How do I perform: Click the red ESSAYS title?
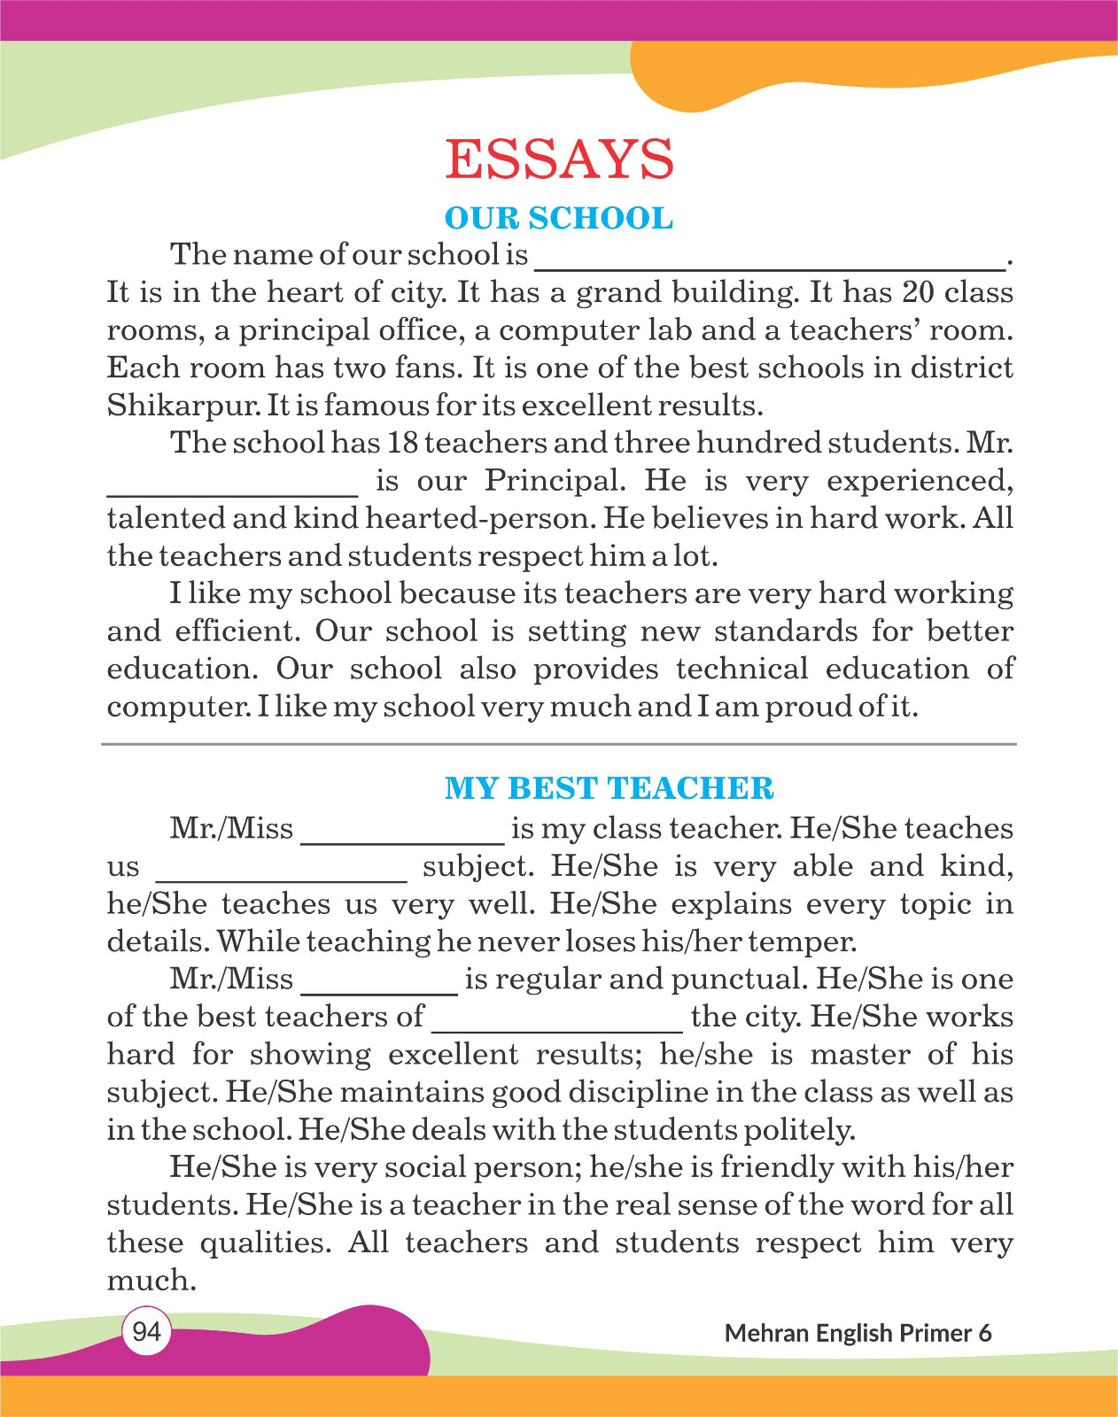559,159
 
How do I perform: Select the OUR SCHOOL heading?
559,218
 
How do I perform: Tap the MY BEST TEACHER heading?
609,788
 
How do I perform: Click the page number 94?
146,1331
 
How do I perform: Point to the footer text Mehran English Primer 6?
858,1333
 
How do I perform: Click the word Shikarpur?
182,406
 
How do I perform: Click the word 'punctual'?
738,980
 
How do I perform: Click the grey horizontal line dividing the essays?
559,745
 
